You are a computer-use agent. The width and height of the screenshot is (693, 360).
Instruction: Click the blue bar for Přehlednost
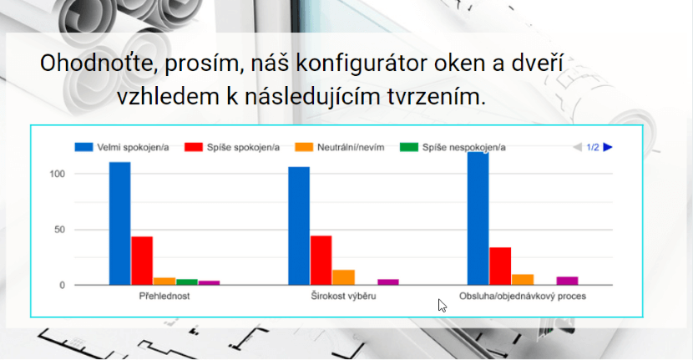[119, 223]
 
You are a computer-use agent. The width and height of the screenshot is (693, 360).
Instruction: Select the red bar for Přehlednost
[142, 261]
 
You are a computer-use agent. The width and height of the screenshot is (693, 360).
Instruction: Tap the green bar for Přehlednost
[187, 281]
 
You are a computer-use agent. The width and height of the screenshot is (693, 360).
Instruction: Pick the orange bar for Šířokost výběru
[343, 277]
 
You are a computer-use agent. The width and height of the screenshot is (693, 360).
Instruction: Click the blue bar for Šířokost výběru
[299, 226]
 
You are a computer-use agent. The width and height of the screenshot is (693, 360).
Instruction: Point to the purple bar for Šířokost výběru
[388, 281]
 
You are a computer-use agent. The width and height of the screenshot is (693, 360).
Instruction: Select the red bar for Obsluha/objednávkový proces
[500, 266]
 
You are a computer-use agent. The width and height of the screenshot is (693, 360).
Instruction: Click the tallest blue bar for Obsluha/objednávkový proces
[478, 218]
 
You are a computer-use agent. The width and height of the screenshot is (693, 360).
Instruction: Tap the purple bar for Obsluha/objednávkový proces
[567, 281]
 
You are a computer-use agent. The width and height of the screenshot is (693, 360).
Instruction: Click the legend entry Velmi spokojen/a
[122, 147]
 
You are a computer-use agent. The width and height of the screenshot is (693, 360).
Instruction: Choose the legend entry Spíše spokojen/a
[232, 147]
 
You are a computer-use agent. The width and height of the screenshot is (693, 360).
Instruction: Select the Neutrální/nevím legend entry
[340, 147]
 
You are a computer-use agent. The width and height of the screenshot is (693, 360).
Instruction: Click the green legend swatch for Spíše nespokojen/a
[409, 147]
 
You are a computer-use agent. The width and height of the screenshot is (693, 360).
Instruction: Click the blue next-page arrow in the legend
[608, 147]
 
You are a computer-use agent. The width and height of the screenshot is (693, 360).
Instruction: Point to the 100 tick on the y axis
[57, 174]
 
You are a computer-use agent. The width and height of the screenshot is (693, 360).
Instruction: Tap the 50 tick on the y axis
[59, 230]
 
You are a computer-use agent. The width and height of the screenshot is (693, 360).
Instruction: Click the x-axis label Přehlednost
[164, 296]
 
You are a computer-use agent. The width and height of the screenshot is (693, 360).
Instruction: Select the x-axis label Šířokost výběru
[343, 296]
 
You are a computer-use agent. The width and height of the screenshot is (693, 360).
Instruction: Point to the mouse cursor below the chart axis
[443, 306]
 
